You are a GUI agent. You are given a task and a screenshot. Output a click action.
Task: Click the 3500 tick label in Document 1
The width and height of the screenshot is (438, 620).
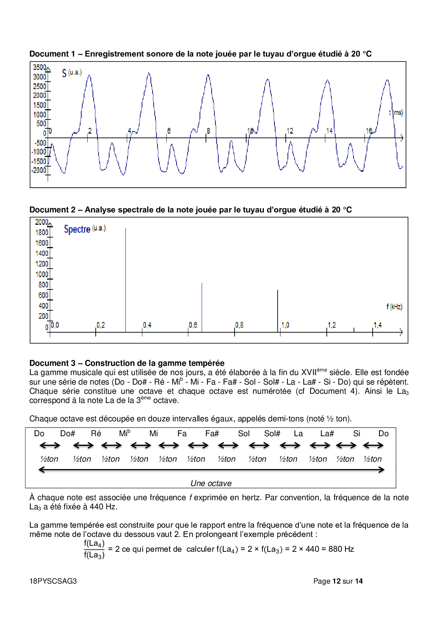(x=40, y=67)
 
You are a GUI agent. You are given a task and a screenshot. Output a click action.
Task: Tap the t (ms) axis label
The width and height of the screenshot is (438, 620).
(x=396, y=112)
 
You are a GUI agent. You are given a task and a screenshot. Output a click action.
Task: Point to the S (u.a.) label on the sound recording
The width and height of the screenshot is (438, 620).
(x=71, y=73)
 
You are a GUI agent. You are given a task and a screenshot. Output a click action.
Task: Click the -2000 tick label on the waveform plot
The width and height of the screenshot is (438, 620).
(x=39, y=170)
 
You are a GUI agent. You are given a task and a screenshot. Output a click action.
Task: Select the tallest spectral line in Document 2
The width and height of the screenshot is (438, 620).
(x=125, y=279)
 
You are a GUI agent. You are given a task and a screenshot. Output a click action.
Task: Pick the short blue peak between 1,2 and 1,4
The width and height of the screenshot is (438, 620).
(x=354, y=329)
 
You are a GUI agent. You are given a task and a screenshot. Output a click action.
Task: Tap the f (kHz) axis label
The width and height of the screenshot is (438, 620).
(x=394, y=306)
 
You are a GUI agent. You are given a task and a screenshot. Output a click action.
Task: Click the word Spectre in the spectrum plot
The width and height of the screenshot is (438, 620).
(x=77, y=229)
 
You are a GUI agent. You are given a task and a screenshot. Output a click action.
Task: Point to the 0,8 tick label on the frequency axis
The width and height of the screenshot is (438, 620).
(x=239, y=325)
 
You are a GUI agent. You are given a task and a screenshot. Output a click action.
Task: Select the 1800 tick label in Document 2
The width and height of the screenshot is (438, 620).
(x=42, y=232)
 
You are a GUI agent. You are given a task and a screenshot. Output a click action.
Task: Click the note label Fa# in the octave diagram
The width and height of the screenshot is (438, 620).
(x=212, y=433)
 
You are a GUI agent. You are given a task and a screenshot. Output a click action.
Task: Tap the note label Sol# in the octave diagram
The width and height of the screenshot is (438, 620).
(x=272, y=433)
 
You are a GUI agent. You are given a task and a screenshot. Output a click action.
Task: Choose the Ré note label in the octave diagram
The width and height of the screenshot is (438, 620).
(x=96, y=433)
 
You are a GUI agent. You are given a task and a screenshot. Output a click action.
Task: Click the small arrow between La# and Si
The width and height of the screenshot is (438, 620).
(x=346, y=445)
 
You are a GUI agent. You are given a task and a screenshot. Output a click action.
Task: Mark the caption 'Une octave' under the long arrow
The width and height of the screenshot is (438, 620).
(x=211, y=483)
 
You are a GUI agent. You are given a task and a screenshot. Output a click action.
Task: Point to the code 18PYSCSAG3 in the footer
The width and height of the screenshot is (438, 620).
(x=53, y=581)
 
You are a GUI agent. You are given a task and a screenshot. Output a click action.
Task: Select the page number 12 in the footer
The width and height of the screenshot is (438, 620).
(x=336, y=581)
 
